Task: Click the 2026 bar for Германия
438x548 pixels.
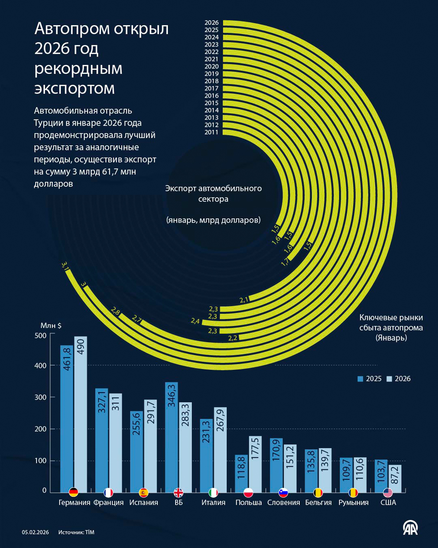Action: click(x=81, y=414)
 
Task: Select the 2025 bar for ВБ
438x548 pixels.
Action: click(x=172, y=437)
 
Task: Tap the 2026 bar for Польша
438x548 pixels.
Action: click(x=255, y=464)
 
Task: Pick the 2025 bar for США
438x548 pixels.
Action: click(x=381, y=476)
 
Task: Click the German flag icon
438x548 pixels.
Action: click(x=74, y=492)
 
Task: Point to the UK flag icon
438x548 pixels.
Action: click(x=178, y=492)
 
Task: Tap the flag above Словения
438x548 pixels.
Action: click(x=283, y=492)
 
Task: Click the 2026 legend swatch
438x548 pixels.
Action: click(x=389, y=379)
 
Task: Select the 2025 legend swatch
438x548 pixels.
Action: click(x=360, y=379)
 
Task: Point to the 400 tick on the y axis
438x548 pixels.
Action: click(x=41, y=365)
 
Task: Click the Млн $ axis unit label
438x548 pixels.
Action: click(x=51, y=326)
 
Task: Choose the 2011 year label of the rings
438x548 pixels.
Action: click(x=211, y=132)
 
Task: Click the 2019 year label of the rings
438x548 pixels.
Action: click(x=211, y=74)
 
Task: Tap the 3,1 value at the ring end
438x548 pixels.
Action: click(x=66, y=266)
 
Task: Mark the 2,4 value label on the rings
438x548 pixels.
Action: click(x=195, y=321)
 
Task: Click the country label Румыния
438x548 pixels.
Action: click(x=353, y=503)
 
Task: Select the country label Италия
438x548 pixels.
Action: click(x=213, y=503)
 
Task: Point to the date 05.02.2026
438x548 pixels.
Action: click(x=35, y=532)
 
